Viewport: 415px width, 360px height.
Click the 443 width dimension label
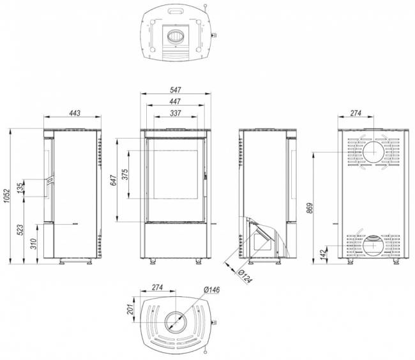[74, 113]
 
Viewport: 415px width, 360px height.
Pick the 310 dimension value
[33, 243]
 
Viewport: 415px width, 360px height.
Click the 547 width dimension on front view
[176, 90]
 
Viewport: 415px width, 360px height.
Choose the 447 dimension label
[176, 101]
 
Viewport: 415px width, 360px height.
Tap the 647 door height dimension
[114, 181]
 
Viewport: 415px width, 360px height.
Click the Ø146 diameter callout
[211, 291]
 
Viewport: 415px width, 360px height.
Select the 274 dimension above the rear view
[356, 113]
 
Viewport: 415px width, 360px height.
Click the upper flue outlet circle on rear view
[373, 153]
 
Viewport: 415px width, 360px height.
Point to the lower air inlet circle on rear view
[372, 244]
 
